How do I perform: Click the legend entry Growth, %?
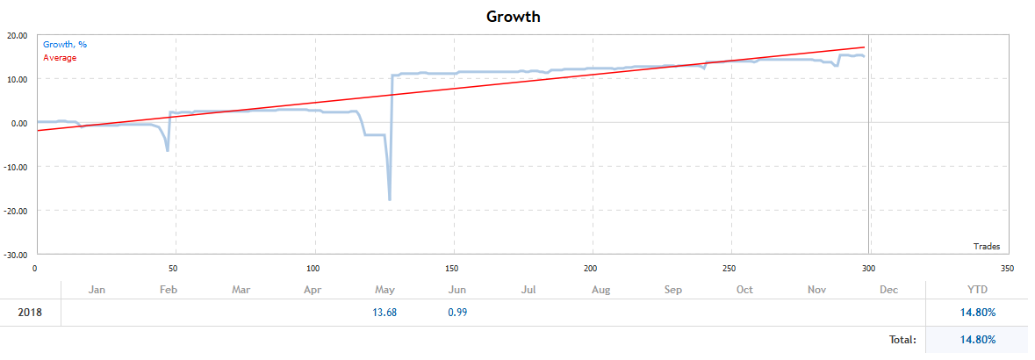(65, 44)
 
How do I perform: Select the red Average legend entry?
(60, 58)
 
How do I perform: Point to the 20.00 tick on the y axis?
(18, 36)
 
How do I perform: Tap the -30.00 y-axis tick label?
(16, 255)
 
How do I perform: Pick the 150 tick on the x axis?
(453, 268)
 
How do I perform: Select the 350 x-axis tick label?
(1007, 268)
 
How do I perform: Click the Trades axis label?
(986, 247)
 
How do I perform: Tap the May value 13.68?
(385, 313)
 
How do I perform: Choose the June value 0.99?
(456, 313)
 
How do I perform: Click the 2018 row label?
(30, 313)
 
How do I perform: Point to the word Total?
(901, 339)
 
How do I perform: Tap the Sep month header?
(672, 289)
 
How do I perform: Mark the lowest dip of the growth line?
(390, 200)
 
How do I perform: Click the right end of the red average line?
(865, 47)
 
